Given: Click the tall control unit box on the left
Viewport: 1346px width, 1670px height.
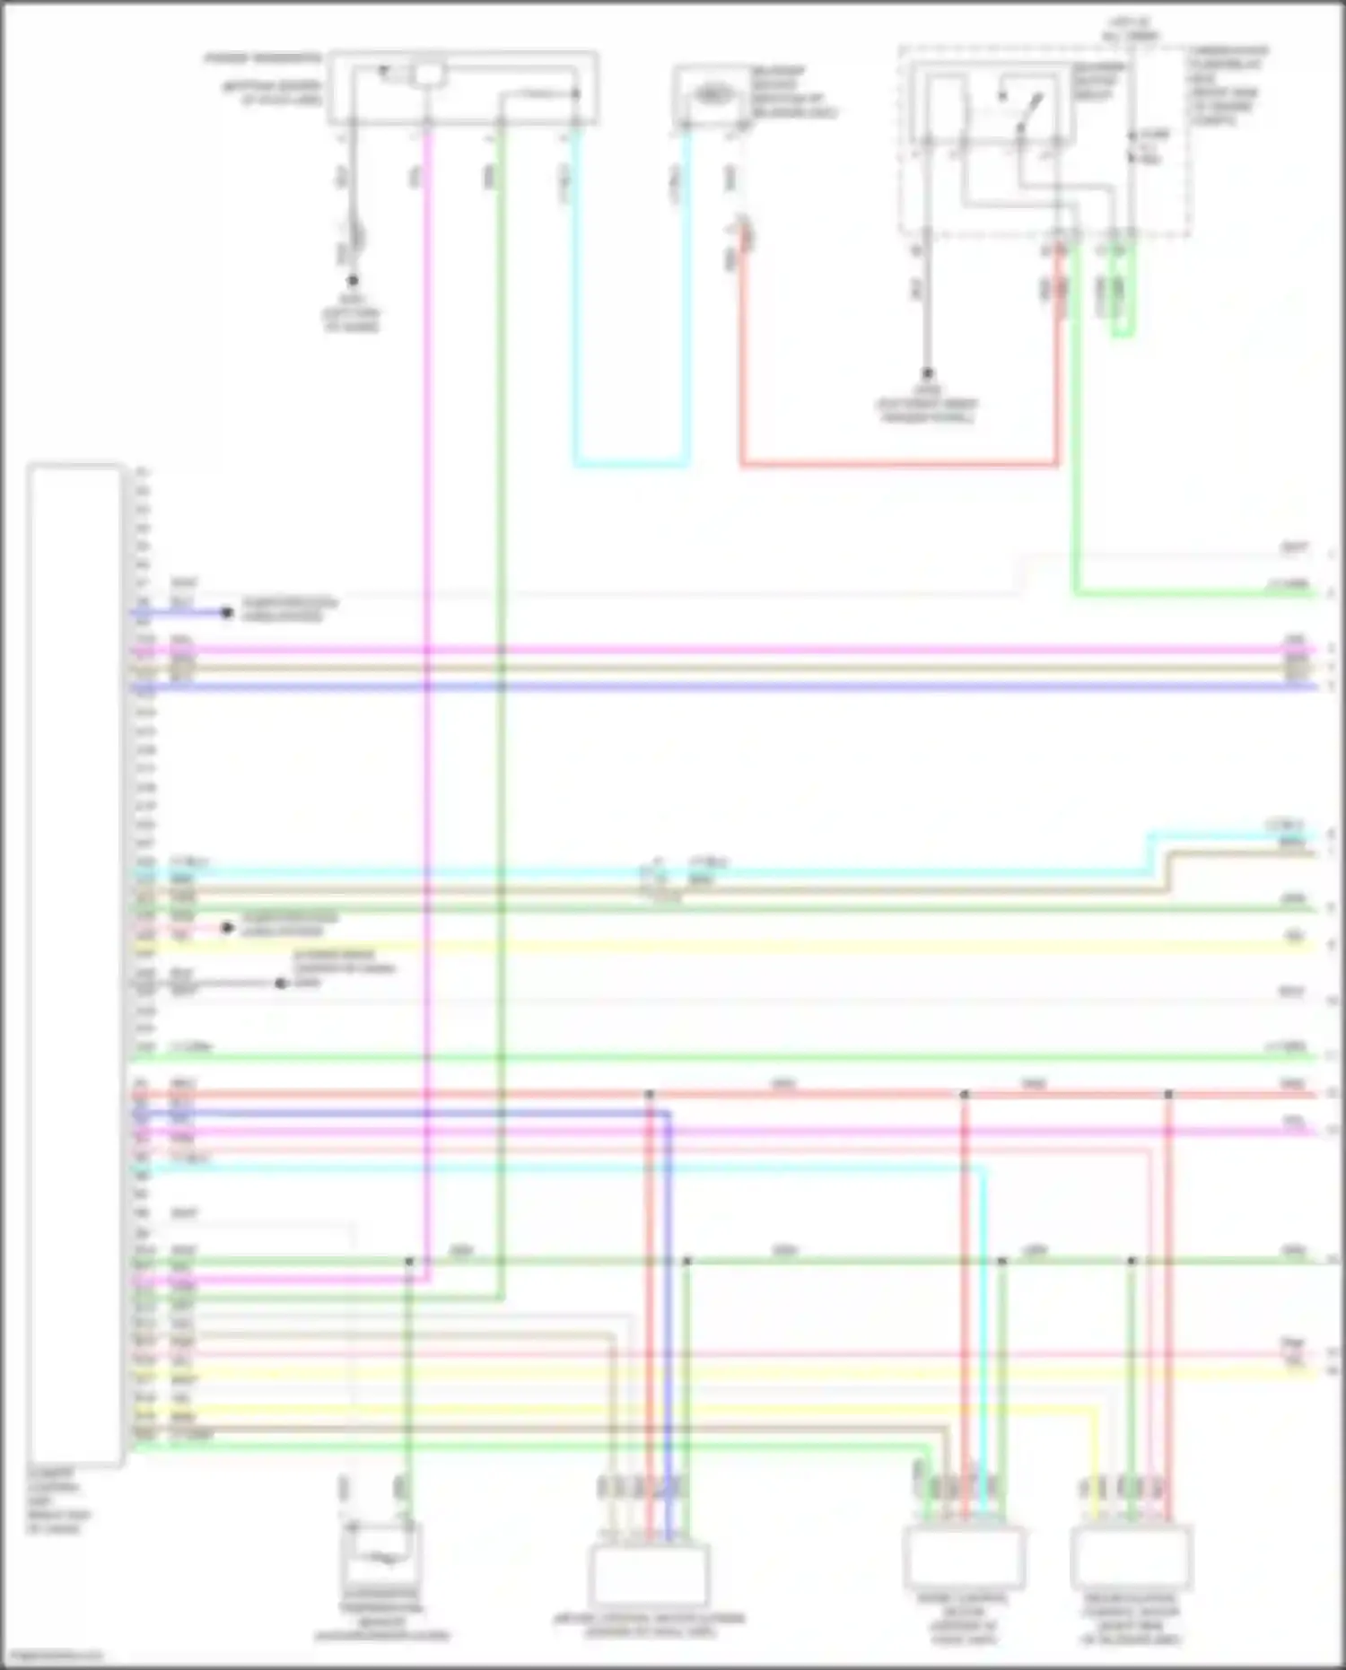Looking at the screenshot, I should (x=74, y=965).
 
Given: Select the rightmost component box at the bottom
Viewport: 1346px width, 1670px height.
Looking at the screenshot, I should (x=1131, y=1557).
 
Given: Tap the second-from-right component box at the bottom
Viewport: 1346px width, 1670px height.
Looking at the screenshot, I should (x=964, y=1557).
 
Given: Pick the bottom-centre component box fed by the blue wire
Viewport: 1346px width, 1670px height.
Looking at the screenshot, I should (x=649, y=1572).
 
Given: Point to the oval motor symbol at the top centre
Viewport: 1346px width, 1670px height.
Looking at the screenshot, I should (x=711, y=93).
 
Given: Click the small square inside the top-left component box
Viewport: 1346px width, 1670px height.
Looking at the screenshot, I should (x=430, y=74).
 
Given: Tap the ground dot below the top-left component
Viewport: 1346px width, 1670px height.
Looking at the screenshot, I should (x=353, y=281).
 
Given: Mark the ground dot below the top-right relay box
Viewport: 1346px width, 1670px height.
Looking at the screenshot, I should (x=928, y=373).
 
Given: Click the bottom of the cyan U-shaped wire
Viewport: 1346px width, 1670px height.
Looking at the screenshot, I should (x=631, y=464).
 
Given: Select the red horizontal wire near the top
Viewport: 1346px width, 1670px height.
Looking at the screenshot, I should (x=897, y=464).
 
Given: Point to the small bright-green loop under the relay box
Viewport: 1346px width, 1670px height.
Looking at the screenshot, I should (x=1123, y=305).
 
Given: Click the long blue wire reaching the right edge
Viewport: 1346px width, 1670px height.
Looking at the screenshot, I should (x=718, y=686).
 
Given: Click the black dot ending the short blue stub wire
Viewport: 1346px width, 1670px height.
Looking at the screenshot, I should (x=227, y=613).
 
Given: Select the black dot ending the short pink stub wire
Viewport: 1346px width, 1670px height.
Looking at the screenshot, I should (x=227, y=928).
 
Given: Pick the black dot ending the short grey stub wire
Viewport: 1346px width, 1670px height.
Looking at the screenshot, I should (x=281, y=984).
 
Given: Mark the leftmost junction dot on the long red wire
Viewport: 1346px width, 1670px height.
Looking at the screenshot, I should (x=650, y=1095).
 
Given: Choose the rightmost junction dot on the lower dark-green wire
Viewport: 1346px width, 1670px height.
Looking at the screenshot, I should (x=1132, y=1261).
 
